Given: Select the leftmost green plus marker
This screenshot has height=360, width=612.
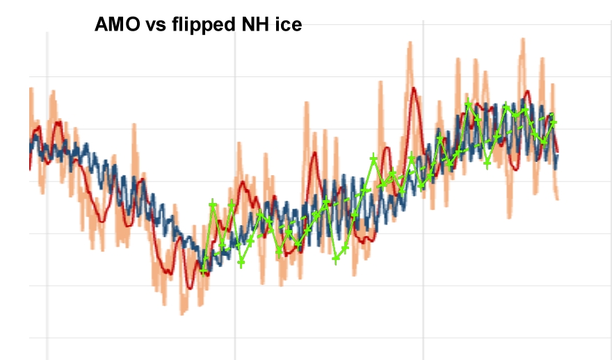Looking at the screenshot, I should (x=204, y=270).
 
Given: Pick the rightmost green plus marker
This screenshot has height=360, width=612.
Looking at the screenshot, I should (x=554, y=122).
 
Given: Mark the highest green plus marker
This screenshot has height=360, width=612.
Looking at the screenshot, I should (x=469, y=104).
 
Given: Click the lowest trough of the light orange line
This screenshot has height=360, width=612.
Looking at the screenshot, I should (x=183, y=313).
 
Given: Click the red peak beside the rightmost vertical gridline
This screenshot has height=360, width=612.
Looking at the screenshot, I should (x=414, y=89).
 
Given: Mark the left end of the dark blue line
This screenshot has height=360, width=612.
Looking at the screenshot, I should (x=31, y=145).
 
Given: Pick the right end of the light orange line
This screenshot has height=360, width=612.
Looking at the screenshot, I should (x=558, y=199).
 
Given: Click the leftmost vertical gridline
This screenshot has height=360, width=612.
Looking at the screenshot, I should (x=47, y=195).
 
